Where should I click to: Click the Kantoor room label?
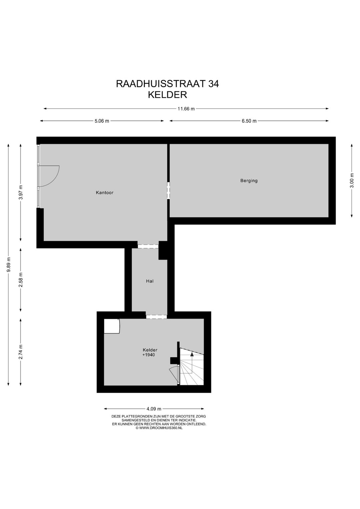click(x=104, y=192)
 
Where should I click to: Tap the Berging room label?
click(x=249, y=181)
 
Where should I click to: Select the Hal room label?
click(x=150, y=281)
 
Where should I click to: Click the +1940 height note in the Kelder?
click(x=149, y=355)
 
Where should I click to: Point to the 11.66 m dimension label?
click(x=186, y=109)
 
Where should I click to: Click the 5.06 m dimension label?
click(x=102, y=121)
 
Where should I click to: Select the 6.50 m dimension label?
click(x=249, y=121)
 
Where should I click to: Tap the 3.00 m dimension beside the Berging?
click(x=352, y=180)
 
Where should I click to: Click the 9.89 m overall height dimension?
click(x=9, y=265)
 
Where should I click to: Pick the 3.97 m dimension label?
click(x=21, y=192)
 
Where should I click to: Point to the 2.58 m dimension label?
click(x=21, y=280)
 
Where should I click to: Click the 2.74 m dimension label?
click(x=21, y=352)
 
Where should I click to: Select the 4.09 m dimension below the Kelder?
click(x=154, y=409)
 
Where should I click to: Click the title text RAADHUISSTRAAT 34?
click(x=167, y=84)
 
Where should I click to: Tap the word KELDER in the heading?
click(x=167, y=95)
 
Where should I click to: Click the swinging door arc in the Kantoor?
click(x=53, y=177)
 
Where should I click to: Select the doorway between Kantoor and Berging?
click(x=168, y=190)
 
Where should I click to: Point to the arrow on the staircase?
click(x=192, y=355)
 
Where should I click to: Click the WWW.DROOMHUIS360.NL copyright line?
click(x=159, y=428)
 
